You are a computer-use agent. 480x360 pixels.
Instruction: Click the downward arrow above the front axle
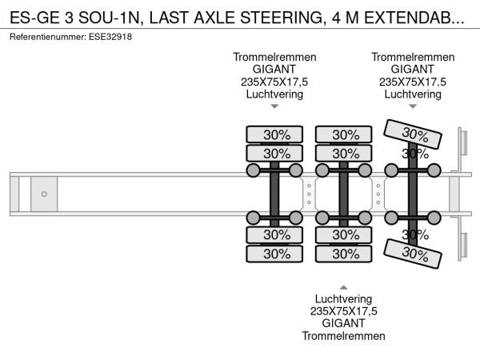click(x=274, y=106)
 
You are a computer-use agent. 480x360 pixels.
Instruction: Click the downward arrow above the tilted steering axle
click(x=413, y=106)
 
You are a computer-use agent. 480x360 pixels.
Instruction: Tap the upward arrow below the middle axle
click(x=344, y=286)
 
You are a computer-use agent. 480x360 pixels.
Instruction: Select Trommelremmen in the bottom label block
click(x=345, y=336)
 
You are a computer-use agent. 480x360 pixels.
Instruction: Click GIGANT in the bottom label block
click(x=345, y=323)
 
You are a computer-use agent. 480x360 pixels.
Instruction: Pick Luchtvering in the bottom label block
click(x=345, y=298)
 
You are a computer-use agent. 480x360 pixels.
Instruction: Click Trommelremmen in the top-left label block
click(x=274, y=57)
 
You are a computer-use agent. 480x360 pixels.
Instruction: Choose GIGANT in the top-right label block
click(x=413, y=70)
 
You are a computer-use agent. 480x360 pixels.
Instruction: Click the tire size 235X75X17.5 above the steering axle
click(x=413, y=82)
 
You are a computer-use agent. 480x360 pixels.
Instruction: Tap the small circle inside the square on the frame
click(x=44, y=194)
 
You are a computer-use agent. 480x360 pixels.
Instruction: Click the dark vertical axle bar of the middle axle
click(x=344, y=194)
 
